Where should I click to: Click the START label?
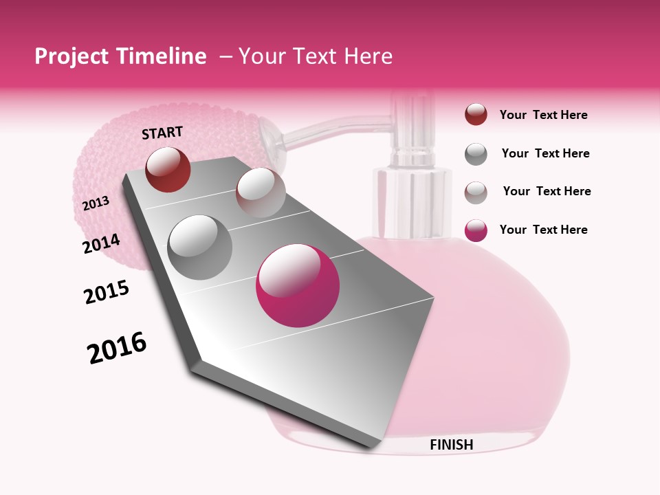[162, 133]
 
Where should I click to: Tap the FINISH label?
[451, 445]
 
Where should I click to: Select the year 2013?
[96, 203]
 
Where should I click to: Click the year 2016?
[117, 348]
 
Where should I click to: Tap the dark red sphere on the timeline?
[168, 169]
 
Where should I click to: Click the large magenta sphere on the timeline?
[298, 285]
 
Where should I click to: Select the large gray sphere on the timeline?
[199, 247]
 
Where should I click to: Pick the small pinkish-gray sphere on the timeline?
[261, 192]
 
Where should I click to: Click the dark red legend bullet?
[476, 115]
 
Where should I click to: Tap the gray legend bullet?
[476, 154]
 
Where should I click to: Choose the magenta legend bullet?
[476, 230]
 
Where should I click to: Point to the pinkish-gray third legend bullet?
[476, 192]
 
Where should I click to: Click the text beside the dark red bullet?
[543, 115]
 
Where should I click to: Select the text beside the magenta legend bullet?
[543, 230]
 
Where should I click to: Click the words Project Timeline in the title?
[120, 56]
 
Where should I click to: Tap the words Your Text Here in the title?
[315, 56]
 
